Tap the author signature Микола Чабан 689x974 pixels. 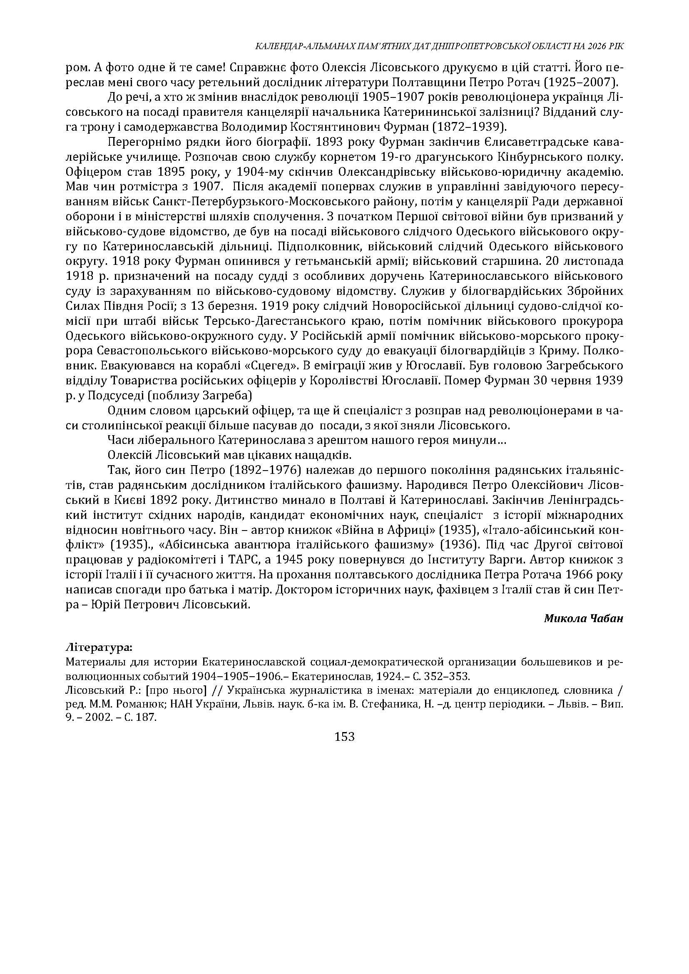click(x=583, y=618)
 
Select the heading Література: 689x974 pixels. click(x=99, y=648)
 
